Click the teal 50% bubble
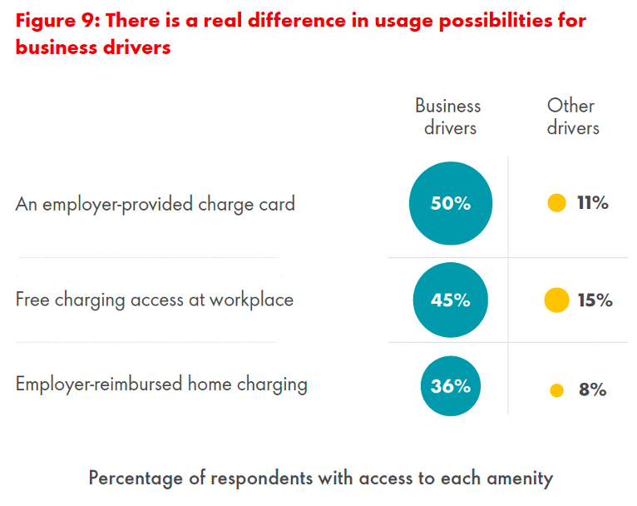tap(451, 203)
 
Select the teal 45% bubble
tap(451, 300)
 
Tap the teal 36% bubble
tap(451, 386)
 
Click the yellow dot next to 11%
tap(557, 203)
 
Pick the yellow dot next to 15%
tap(556, 300)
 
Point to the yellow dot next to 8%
tap(557, 389)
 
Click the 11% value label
tap(593, 203)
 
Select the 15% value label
tap(595, 300)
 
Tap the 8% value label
tap(593, 389)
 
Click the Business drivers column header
tap(448, 117)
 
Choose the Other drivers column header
tap(572, 117)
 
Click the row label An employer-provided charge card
tap(156, 204)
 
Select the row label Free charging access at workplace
tap(155, 300)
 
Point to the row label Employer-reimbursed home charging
tap(161, 384)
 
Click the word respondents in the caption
tap(267, 479)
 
